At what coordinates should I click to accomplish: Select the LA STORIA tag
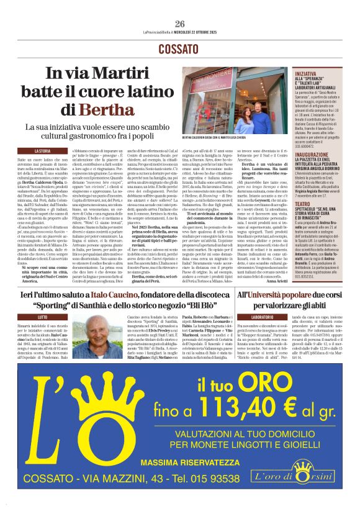click(42, 151)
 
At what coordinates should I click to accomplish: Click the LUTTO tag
click(42, 317)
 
